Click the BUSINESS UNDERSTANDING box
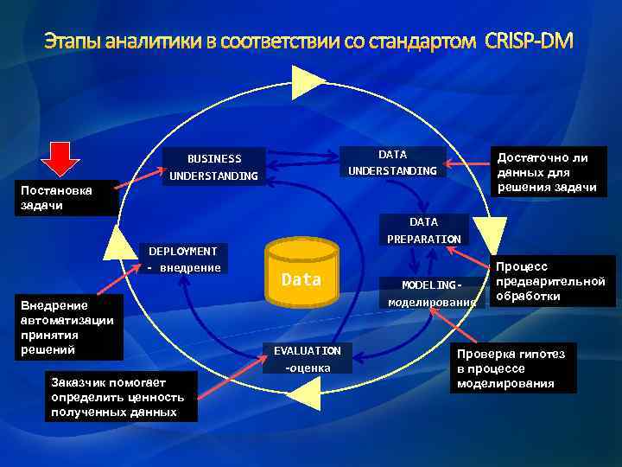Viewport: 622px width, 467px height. [x=214, y=167]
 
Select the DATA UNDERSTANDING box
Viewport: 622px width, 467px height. [x=392, y=162]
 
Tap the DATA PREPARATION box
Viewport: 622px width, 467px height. [x=423, y=230]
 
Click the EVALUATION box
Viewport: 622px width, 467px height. [x=308, y=359]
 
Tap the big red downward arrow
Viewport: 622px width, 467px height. [x=62, y=163]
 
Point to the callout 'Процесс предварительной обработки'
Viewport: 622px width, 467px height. [x=552, y=281]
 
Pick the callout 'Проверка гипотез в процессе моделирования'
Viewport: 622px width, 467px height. [x=513, y=368]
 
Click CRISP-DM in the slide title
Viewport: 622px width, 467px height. [x=530, y=42]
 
